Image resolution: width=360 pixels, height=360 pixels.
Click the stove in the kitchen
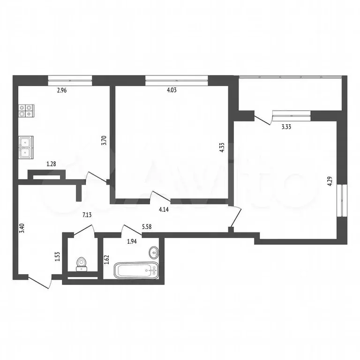[x=26, y=111]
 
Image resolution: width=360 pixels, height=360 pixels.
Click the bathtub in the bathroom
[x=136, y=271]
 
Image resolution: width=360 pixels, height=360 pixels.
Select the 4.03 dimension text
[x=172, y=91]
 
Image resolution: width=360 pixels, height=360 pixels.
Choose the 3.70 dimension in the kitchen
[x=105, y=141]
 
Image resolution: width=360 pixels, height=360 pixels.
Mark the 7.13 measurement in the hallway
[x=88, y=215]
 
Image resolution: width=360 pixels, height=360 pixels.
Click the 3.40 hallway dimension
[x=21, y=230]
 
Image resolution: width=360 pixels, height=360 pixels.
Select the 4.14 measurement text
[x=164, y=210]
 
